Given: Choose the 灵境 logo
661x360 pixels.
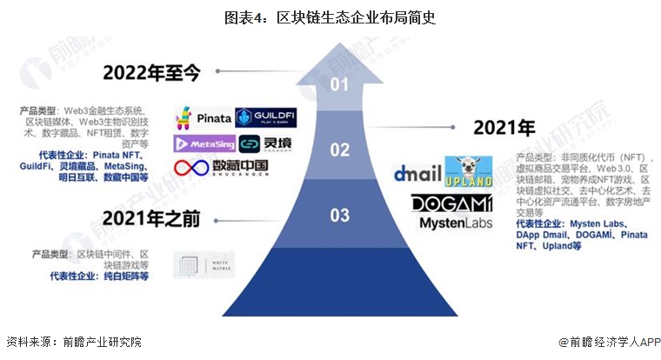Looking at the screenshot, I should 267,143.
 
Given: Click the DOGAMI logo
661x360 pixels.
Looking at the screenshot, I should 452,203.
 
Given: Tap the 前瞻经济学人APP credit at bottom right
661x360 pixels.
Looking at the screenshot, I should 609,343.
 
